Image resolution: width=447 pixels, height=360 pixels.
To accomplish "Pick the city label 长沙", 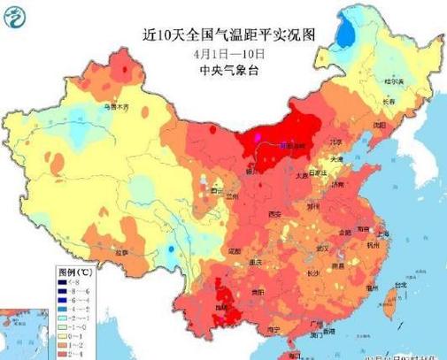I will click(x=317, y=273).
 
